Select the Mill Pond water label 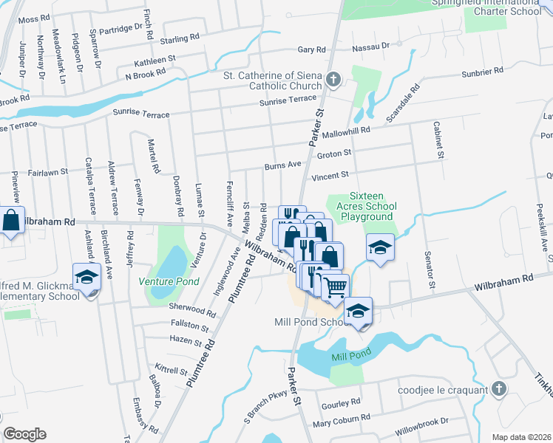click(x=350, y=357)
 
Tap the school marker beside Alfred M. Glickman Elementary click(x=86, y=277)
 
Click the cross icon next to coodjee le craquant click(x=499, y=389)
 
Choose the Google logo click(x=24, y=434)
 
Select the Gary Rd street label click(x=311, y=49)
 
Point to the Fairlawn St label click(x=49, y=171)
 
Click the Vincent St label click(x=330, y=176)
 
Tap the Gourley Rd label click(x=341, y=402)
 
